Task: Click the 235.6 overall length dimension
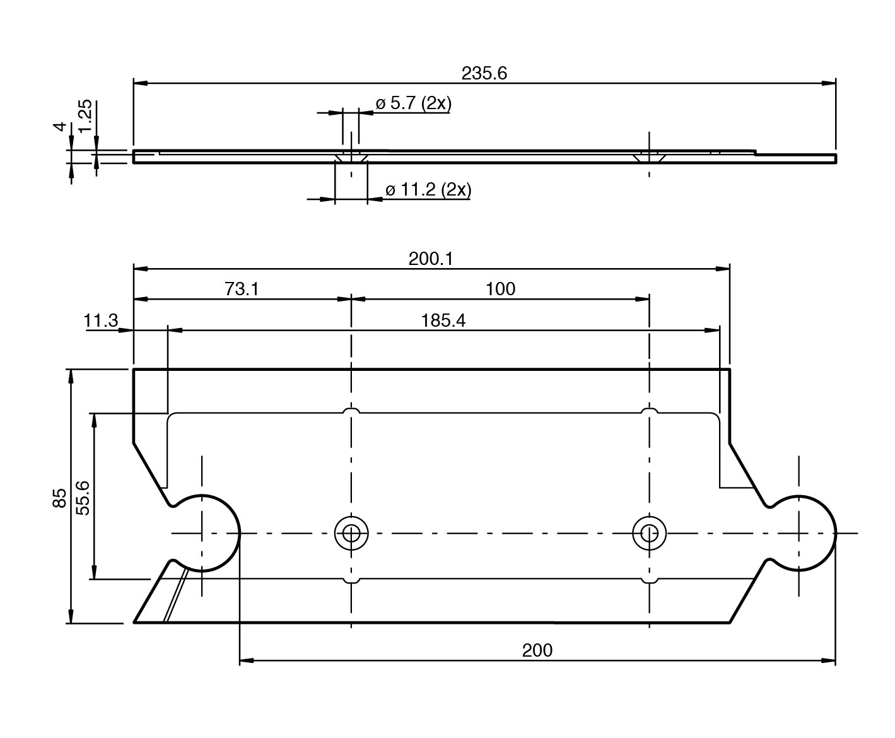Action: (x=484, y=74)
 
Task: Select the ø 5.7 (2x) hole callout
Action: (x=413, y=103)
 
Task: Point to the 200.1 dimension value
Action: (x=431, y=259)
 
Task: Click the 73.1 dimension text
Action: (x=242, y=289)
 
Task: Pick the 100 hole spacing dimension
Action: (x=500, y=289)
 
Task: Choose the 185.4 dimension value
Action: (x=443, y=321)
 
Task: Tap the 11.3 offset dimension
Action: (x=101, y=321)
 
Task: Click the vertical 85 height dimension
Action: (x=59, y=498)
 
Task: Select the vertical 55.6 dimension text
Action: (x=83, y=498)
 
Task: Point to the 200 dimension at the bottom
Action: (x=537, y=650)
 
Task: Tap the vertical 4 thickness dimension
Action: (x=61, y=127)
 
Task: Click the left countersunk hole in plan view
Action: (x=351, y=533)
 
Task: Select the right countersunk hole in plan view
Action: (x=649, y=533)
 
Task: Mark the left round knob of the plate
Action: (x=205, y=532)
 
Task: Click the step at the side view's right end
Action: (x=756, y=153)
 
